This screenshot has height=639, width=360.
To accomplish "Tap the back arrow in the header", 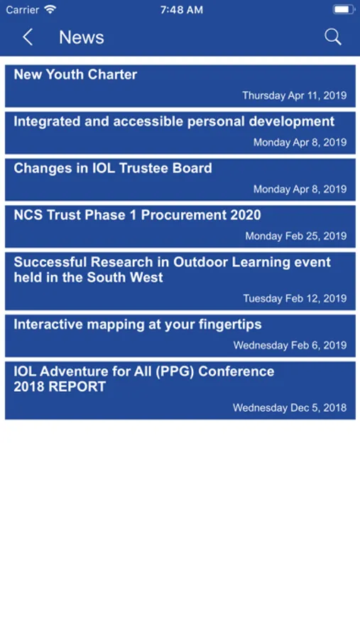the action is pyautogui.click(x=27, y=37).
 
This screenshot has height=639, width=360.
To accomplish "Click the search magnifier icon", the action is pyautogui.click(x=333, y=37).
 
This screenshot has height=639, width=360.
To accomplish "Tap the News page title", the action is pyautogui.click(x=82, y=38).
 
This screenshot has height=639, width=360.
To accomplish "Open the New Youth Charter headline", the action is pyautogui.click(x=75, y=75).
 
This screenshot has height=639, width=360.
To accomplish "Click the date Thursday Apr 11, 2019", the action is pyautogui.click(x=295, y=95).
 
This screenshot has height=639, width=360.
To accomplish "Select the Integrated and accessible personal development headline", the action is pyautogui.click(x=174, y=121).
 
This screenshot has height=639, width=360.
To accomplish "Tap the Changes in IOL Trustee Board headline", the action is pyautogui.click(x=113, y=168).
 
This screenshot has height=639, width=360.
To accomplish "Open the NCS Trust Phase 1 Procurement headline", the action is pyautogui.click(x=137, y=215).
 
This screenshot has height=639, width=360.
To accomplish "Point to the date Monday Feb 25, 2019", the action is pyautogui.click(x=296, y=236).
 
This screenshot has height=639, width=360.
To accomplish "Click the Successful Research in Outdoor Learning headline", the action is pyautogui.click(x=173, y=270).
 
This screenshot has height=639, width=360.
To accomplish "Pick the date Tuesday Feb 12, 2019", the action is pyautogui.click(x=295, y=298).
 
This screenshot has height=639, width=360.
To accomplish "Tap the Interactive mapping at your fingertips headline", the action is pyautogui.click(x=138, y=324).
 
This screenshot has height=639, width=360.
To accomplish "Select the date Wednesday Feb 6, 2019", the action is pyautogui.click(x=290, y=345).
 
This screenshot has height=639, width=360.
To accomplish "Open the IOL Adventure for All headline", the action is pyautogui.click(x=144, y=379).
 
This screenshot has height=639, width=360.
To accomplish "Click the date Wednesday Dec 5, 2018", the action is pyautogui.click(x=290, y=408).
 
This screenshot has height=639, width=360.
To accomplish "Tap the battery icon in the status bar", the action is pyautogui.click(x=344, y=9).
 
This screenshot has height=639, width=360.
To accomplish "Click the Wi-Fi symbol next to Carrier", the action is pyautogui.click(x=50, y=9).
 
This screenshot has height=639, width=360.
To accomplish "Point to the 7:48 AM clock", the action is pyautogui.click(x=182, y=10).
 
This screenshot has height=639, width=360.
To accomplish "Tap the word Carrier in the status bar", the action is pyautogui.click(x=23, y=10).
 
